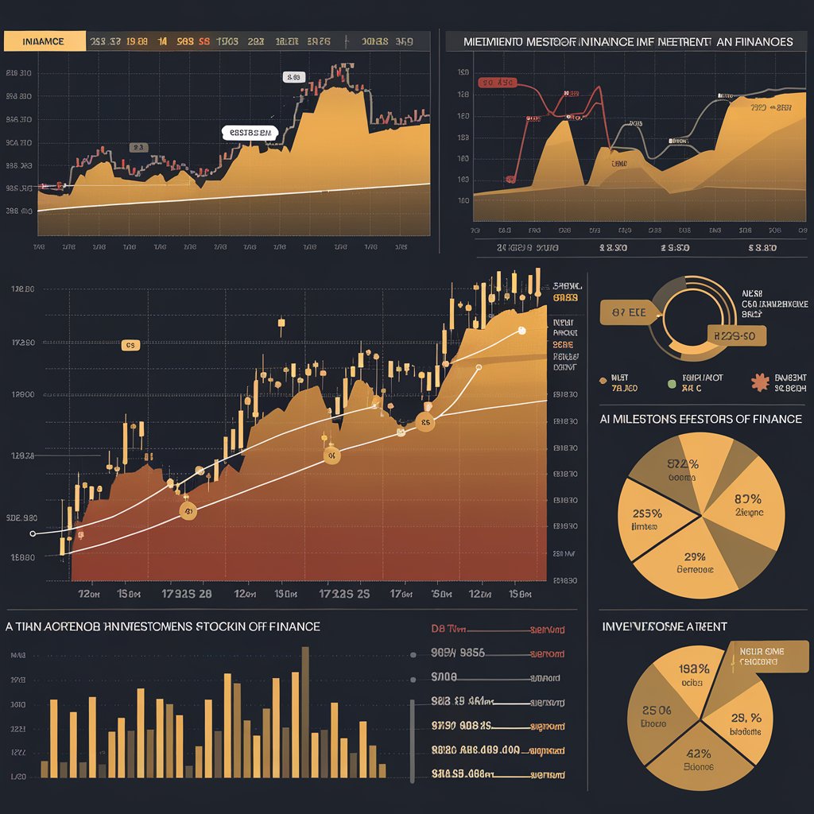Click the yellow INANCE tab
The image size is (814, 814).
[44, 41]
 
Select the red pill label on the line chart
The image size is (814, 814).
[498, 82]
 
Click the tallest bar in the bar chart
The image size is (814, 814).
[304, 711]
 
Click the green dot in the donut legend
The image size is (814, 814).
[673, 383]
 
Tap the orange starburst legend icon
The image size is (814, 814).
[760, 382]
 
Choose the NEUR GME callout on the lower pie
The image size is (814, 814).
[762, 656]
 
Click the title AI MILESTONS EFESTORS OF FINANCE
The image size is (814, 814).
[700, 419]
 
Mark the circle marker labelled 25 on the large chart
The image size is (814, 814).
[426, 424]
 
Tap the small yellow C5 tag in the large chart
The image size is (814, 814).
[130, 345]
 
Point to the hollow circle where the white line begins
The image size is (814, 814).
[33, 534]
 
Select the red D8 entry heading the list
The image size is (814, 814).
[449, 629]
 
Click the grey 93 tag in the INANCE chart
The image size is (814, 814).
[138, 147]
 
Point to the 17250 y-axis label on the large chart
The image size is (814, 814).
[23, 343]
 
